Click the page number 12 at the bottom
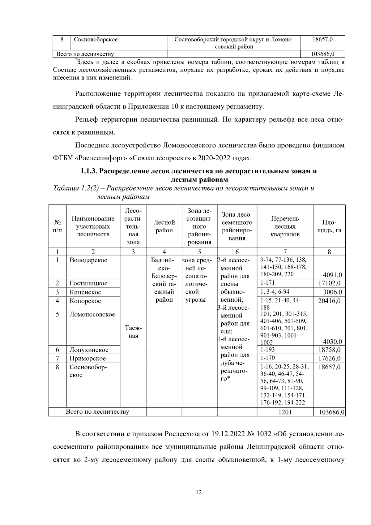(x=199, y=492)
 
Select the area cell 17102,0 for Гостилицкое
(x=330, y=283)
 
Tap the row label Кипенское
(x=85, y=292)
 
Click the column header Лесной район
(x=164, y=226)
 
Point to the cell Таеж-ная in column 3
(x=133, y=332)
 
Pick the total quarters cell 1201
(x=285, y=412)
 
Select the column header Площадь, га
(x=329, y=226)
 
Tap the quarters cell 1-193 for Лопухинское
(x=268, y=350)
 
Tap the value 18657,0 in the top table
(x=322, y=40)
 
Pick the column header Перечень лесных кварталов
(x=285, y=226)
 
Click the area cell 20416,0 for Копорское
(x=330, y=301)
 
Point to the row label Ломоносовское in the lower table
(x=92, y=314)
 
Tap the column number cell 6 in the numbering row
(x=237, y=252)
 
